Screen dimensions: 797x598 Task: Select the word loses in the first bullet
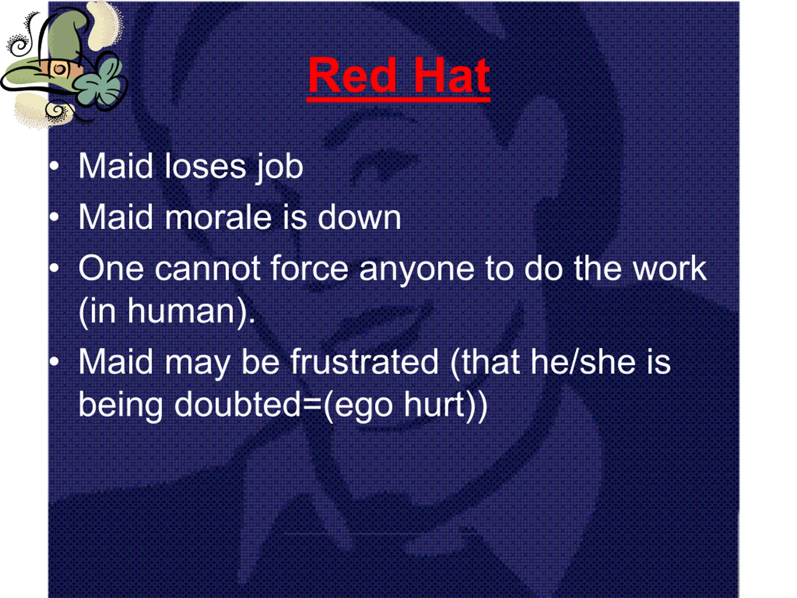point(205,166)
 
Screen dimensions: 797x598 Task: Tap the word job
point(280,168)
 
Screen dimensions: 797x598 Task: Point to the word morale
point(218,217)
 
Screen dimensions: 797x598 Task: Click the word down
point(359,217)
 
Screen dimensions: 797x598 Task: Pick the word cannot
point(208,268)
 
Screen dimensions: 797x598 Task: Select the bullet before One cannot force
point(54,268)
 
